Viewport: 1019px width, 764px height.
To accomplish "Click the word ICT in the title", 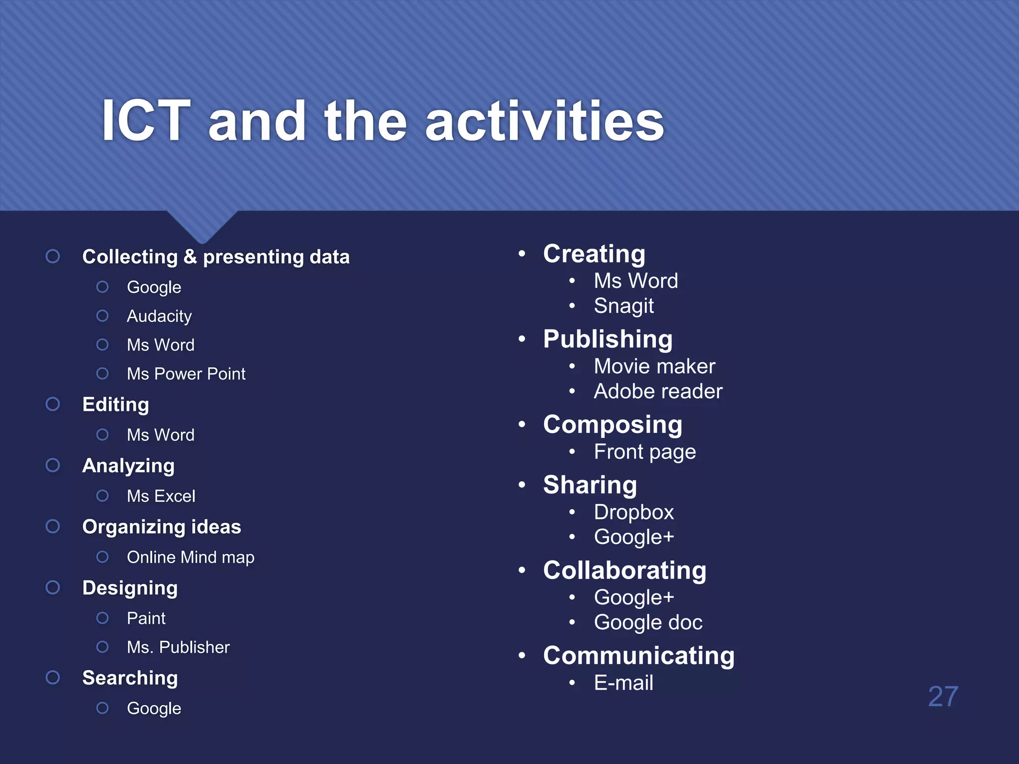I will tap(146, 121).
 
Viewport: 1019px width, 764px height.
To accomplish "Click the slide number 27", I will tap(943, 696).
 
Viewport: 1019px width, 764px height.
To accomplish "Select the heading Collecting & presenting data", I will tap(215, 257).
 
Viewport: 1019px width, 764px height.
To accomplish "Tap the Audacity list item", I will tap(159, 316).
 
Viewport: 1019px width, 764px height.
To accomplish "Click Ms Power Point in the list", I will tap(186, 374).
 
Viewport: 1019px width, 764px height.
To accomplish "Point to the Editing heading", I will tap(115, 404).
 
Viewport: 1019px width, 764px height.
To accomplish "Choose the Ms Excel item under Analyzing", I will tap(161, 496).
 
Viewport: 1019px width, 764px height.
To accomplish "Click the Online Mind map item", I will tap(191, 557).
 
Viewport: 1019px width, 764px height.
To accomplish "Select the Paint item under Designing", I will tap(146, 618).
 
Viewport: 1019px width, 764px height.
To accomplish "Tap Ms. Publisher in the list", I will tap(178, 647).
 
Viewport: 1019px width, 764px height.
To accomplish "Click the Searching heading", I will tap(130, 678).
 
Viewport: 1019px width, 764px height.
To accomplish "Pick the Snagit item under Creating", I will tap(623, 306).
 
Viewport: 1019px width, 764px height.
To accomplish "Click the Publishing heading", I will tap(608, 339).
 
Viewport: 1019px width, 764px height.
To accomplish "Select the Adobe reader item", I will tap(658, 391).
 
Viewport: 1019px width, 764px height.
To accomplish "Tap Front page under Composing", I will tap(645, 452).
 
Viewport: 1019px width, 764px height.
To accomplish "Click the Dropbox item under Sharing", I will tap(634, 512).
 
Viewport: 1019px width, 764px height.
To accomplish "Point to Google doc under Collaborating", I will tap(648, 623).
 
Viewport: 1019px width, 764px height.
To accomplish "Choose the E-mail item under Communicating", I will tap(623, 683).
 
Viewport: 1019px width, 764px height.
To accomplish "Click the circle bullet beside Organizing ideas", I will tap(53, 526).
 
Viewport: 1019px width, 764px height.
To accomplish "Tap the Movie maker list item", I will tap(654, 367).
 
